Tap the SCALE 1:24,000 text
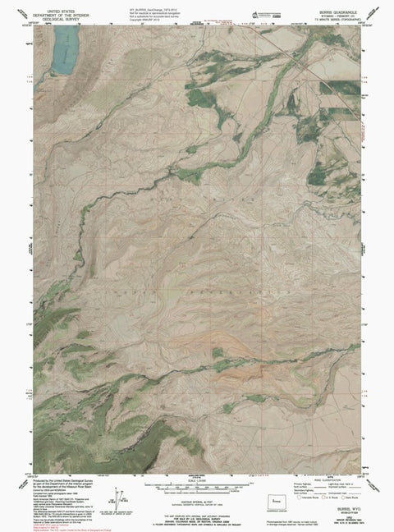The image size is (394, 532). coord(197,481)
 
